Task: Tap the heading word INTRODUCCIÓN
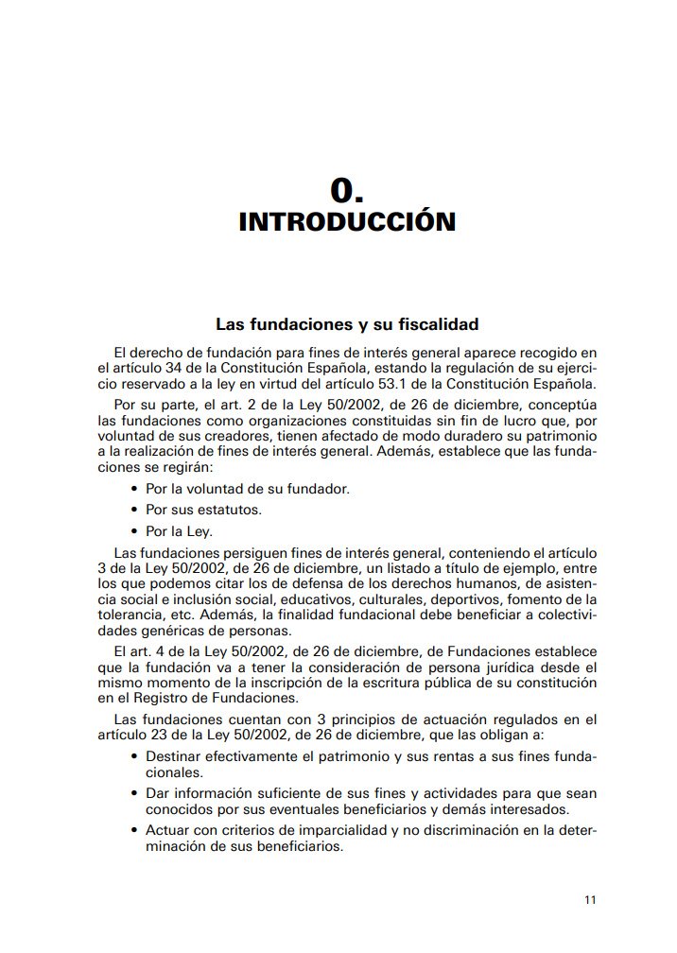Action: tap(347, 222)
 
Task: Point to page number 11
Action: tap(589, 899)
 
